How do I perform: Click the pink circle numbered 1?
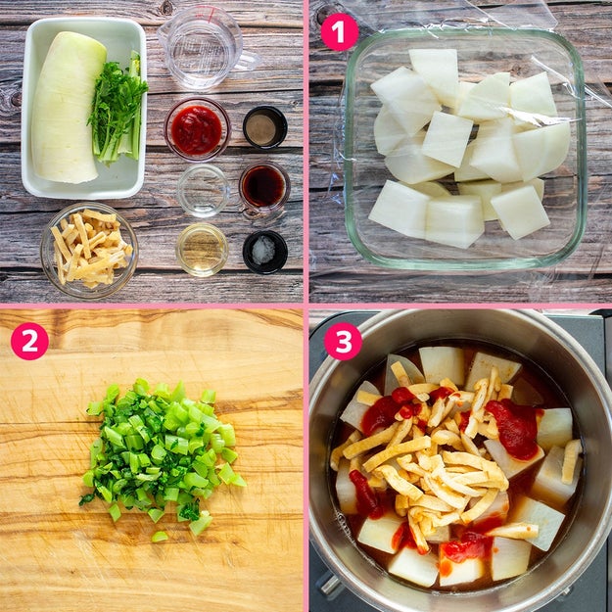point(340,32)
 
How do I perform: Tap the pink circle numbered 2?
point(29,341)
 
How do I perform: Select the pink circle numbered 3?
point(343,341)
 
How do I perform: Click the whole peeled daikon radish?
point(68,108)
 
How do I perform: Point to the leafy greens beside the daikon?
point(118,108)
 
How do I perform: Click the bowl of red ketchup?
point(197,129)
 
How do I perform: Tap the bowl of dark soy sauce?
point(264,187)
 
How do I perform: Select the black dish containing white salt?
point(265,252)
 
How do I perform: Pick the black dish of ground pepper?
point(265,127)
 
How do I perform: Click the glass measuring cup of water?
point(203,47)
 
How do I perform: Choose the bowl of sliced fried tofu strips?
point(89,251)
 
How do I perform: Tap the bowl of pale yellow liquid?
point(202,250)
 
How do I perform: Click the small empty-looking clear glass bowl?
point(203,191)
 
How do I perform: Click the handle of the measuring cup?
point(249,60)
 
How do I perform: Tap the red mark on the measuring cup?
point(210,15)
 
